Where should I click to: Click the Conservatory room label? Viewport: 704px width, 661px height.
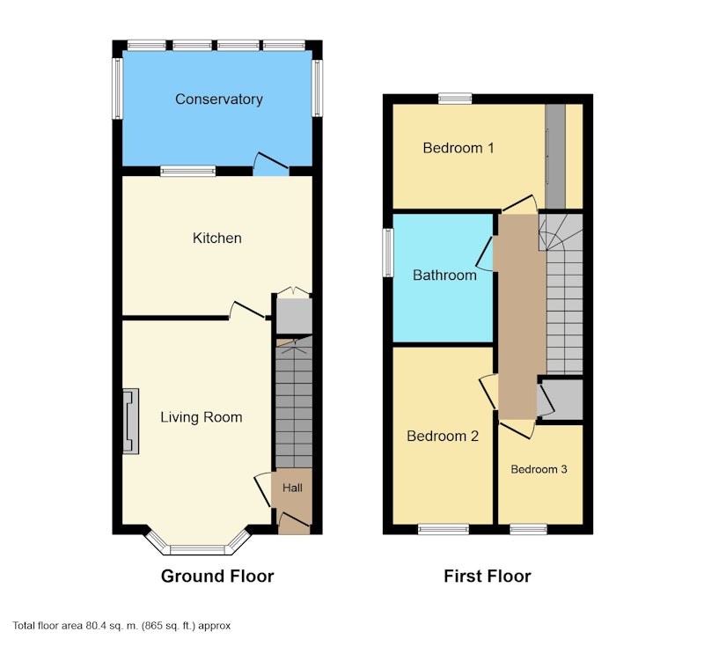coord(218,99)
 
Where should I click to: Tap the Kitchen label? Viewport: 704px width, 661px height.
coord(216,238)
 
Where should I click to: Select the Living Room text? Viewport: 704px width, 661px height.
coord(202,417)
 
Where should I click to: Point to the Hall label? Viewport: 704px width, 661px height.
coord(292,488)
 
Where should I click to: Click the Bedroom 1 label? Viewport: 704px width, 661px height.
coord(458,148)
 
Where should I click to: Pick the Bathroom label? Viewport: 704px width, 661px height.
coord(444,275)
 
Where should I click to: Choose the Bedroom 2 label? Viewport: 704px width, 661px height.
coord(443,436)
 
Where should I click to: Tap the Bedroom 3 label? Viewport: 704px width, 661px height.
coord(539,469)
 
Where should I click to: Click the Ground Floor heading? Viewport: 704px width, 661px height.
coord(217,577)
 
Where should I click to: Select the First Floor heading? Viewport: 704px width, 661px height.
coord(488,577)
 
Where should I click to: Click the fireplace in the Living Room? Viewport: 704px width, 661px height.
coord(130,422)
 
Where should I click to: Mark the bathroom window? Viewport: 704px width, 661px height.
coord(388,253)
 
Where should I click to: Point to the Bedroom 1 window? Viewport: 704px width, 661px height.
coord(455,99)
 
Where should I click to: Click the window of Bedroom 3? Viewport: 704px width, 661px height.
coord(529,529)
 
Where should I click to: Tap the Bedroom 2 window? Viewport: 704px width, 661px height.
coord(444,529)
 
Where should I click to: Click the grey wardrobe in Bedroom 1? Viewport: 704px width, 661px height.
coord(555,157)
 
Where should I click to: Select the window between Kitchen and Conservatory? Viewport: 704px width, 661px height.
coord(188,171)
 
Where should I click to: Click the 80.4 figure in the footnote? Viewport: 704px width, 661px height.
coord(95,626)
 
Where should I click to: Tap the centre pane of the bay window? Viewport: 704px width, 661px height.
coord(197,549)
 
